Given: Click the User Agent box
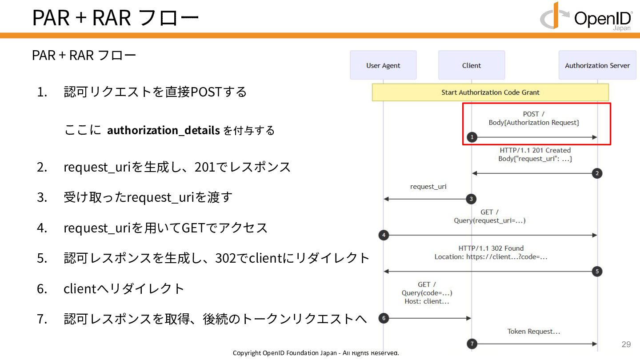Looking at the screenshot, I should click(383, 65).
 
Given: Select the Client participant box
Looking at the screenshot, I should click(472, 65).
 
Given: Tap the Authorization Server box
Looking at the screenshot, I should click(597, 65).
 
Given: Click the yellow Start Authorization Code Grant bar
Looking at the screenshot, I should click(490, 92).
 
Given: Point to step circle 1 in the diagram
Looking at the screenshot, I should click(472, 137).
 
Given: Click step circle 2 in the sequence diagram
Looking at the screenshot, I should click(598, 173).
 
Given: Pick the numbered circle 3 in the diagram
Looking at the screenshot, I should click(472, 199).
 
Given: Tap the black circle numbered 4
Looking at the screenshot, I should click(384, 235).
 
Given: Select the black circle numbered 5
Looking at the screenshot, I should click(598, 271).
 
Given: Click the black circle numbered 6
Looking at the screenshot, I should click(384, 318).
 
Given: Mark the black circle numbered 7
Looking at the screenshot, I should click(472, 344).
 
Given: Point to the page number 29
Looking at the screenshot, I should click(626, 344).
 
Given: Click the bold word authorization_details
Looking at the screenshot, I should click(164, 130).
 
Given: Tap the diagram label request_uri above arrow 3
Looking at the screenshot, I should click(428, 187).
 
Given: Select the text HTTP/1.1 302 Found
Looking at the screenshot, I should click(491, 248).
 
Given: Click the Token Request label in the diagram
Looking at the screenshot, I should click(534, 332).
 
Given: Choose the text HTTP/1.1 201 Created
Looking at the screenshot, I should click(535, 150).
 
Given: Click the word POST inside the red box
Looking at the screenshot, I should click(531, 114).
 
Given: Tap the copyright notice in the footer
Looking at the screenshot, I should click(316, 353).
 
